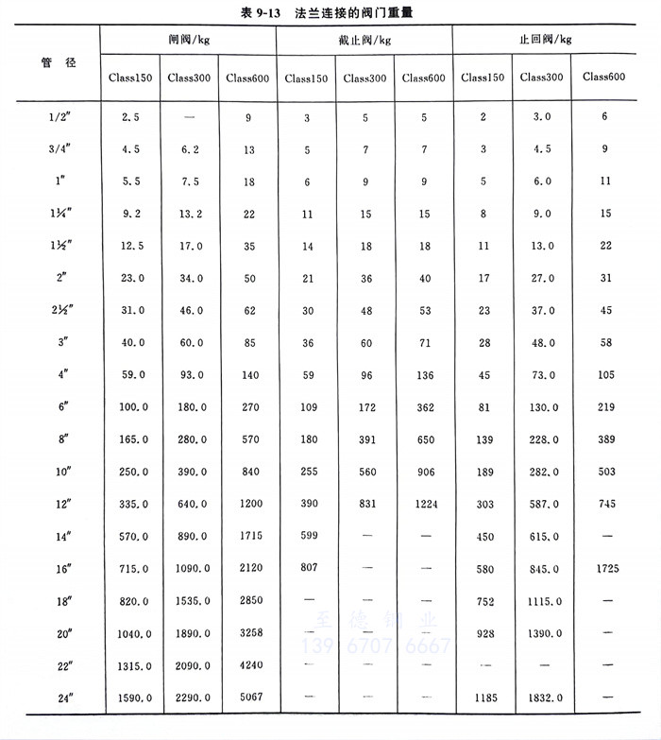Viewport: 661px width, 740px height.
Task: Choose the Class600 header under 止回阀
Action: (x=605, y=77)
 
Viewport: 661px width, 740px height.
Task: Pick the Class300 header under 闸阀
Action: (x=190, y=77)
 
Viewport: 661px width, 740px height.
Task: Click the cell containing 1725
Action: (x=605, y=569)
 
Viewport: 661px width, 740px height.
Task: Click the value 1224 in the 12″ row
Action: (x=425, y=505)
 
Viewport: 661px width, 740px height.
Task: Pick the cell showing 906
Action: (x=425, y=472)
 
